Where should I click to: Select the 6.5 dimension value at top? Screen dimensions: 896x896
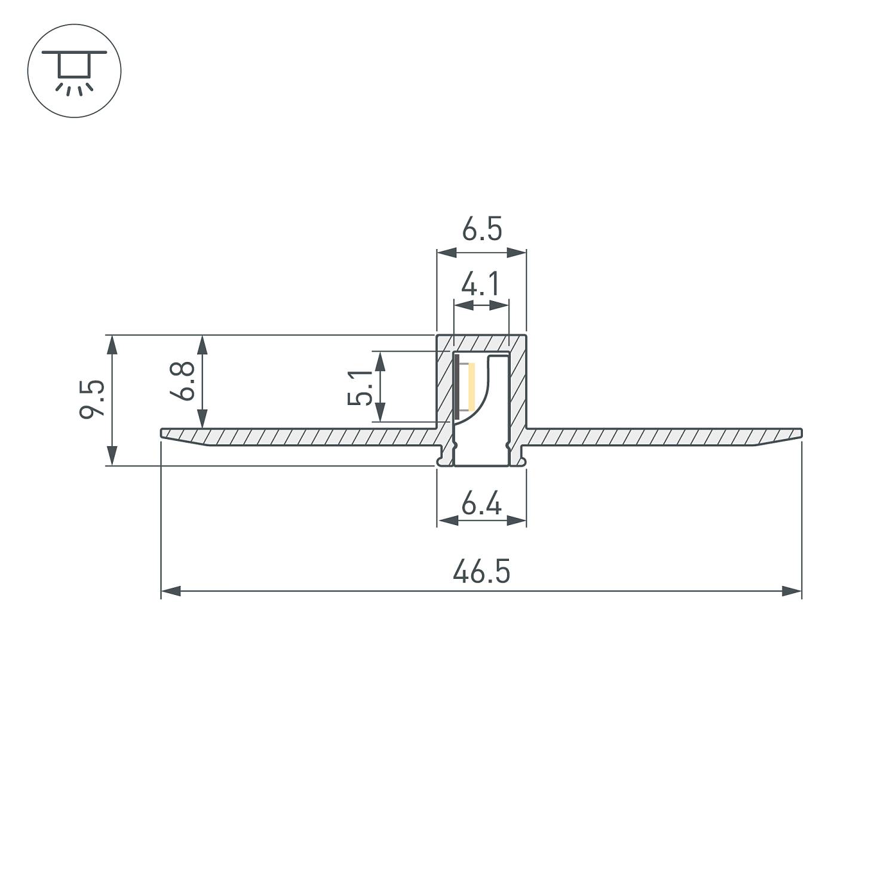pos(481,230)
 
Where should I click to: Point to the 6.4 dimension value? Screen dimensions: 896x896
pos(481,505)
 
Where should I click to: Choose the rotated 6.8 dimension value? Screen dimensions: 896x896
pos(182,381)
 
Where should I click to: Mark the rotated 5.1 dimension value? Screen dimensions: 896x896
pos(360,387)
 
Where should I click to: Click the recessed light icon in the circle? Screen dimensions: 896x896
pos(75,70)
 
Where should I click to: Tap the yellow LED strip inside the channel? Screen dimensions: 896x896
pos(471,386)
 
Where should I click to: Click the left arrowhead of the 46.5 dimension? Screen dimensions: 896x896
pos(171,591)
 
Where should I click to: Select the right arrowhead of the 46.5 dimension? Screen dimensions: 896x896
pos(792,591)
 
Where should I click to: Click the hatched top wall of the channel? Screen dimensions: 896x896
pos(481,343)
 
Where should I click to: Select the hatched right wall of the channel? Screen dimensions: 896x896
pos(517,388)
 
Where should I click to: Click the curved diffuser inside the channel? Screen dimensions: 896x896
pos(484,388)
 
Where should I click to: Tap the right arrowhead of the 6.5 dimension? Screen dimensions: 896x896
pos(517,253)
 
